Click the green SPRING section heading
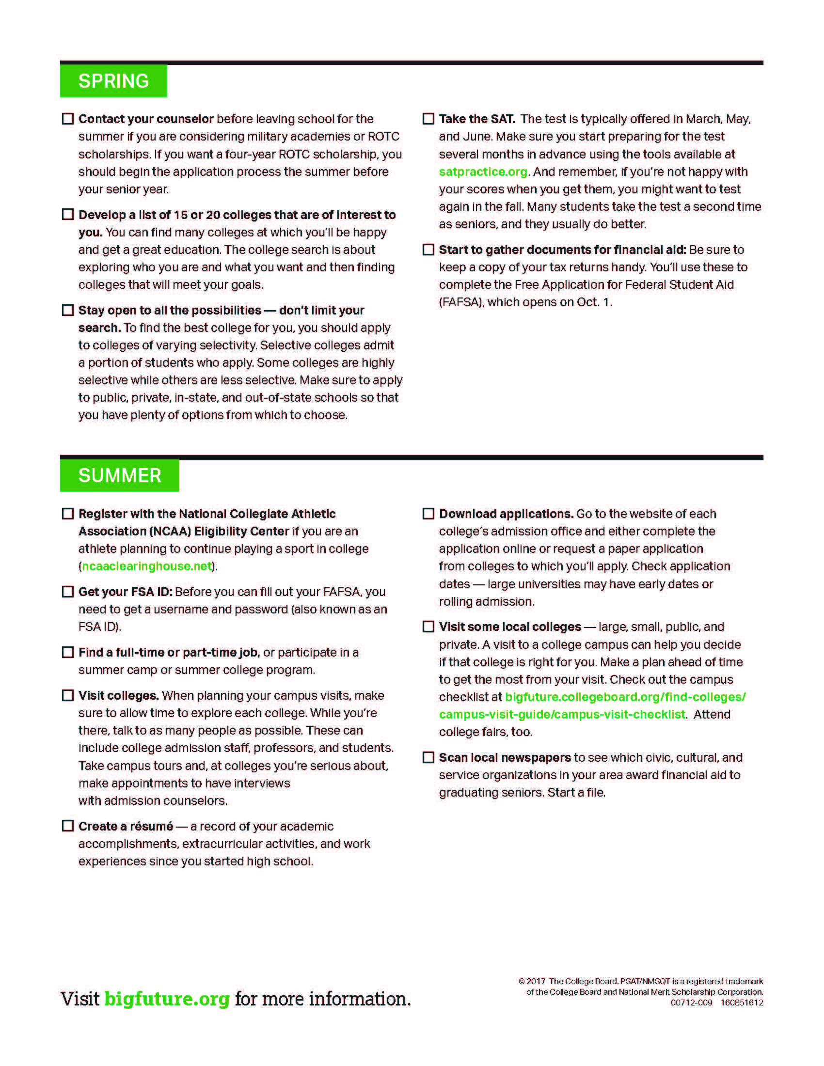coord(113,81)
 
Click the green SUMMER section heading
coord(120,475)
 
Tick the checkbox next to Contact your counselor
coord(68,119)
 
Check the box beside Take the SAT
coord(428,119)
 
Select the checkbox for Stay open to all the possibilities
coord(68,310)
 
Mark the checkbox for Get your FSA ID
coord(68,592)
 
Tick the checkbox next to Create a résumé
coord(68,826)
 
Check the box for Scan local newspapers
coord(428,757)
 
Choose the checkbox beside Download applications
coord(428,514)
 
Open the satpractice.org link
coord(483,172)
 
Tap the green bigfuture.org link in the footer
coord(167,999)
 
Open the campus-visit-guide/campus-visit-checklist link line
coord(562,715)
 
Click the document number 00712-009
coord(691,1003)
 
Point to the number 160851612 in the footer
coord(742,1003)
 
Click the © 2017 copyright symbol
coord(522,981)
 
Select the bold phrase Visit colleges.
coord(119,695)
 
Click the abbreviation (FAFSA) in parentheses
coord(461,302)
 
